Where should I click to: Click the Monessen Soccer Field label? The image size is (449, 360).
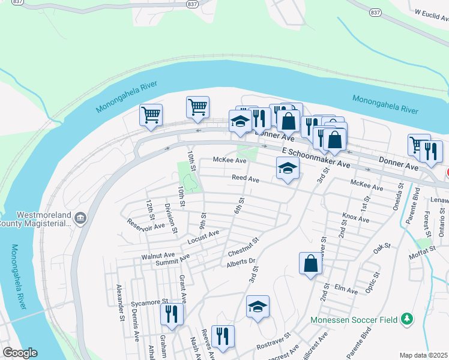[354, 320]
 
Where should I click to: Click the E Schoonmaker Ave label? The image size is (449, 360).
[315, 158]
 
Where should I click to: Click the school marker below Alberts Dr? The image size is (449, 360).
[258, 307]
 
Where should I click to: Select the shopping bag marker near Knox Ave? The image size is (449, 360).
[310, 263]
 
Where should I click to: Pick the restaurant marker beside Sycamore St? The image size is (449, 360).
[172, 314]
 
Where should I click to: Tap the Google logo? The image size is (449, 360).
[20, 353]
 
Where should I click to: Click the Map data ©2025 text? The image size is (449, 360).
[423, 355]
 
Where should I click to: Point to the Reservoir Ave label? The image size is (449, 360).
[145, 224]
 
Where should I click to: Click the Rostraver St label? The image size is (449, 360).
[273, 343]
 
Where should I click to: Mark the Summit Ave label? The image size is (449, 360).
[172, 260]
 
